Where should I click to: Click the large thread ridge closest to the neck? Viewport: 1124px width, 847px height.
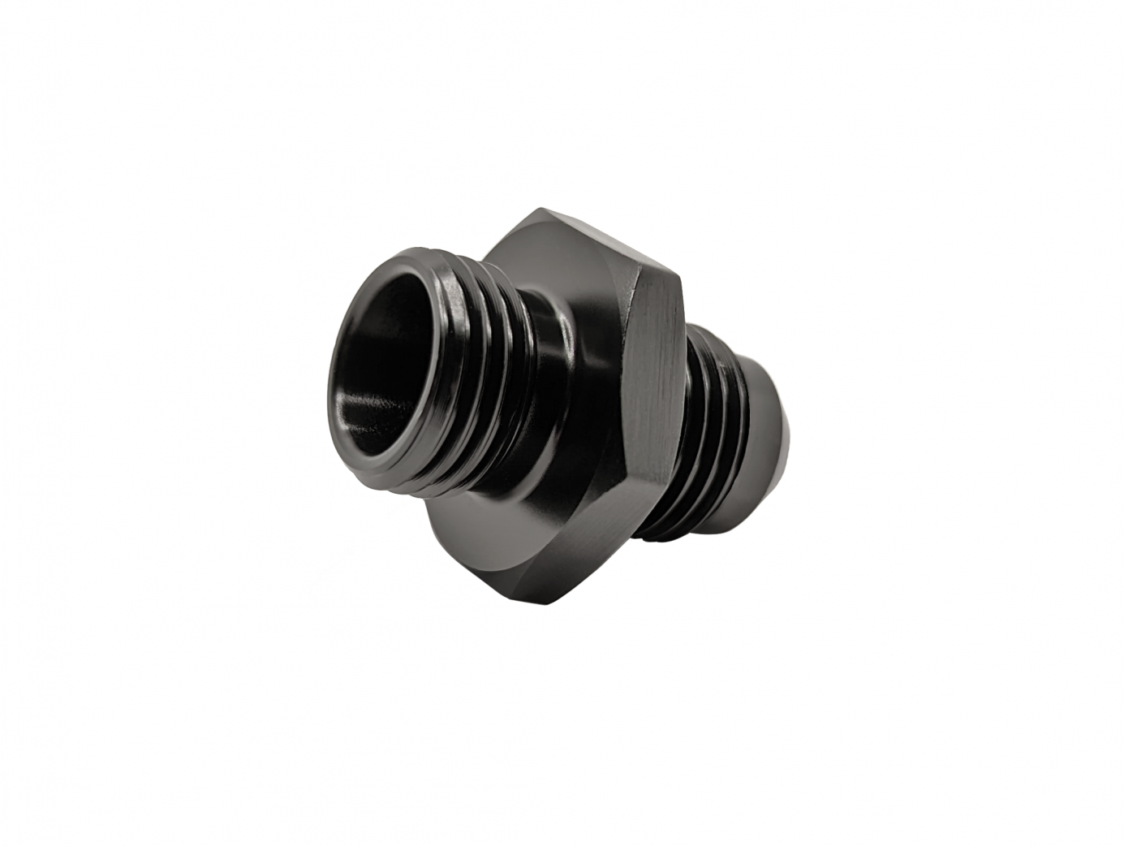519,382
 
